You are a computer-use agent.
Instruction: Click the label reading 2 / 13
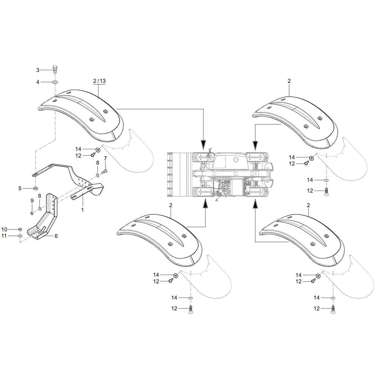[99, 81]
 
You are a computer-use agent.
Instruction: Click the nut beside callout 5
[35, 188]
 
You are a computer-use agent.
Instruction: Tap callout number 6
[56, 236]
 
